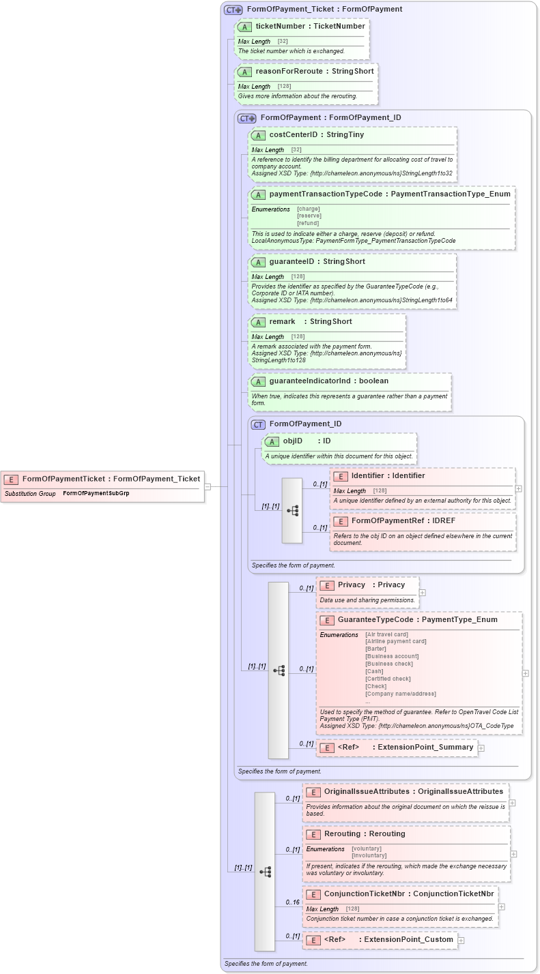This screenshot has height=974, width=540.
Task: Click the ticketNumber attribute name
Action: [280, 26]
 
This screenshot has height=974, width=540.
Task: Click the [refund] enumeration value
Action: [309, 223]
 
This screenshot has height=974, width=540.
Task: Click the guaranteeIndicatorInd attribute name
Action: [309, 381]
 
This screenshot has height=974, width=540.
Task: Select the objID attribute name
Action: [292, 441]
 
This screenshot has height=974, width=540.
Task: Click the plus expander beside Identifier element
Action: [519, 488]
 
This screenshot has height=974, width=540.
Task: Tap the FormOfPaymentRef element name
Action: [384, 521]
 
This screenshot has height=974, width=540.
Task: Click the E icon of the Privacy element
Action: [326, 585]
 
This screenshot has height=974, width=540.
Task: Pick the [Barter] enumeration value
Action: [375, 649]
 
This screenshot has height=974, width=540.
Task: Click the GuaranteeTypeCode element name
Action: [375, 620]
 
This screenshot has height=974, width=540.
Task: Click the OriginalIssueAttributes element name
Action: [367, 791]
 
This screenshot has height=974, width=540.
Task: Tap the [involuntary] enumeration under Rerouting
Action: [369, 855]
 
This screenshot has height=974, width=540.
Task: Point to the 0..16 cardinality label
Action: [293, 902]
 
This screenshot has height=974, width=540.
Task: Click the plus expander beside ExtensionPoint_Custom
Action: [461, 940]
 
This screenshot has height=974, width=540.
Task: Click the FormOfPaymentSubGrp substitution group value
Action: [96, 492]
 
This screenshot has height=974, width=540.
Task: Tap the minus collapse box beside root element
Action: [208, 486]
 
